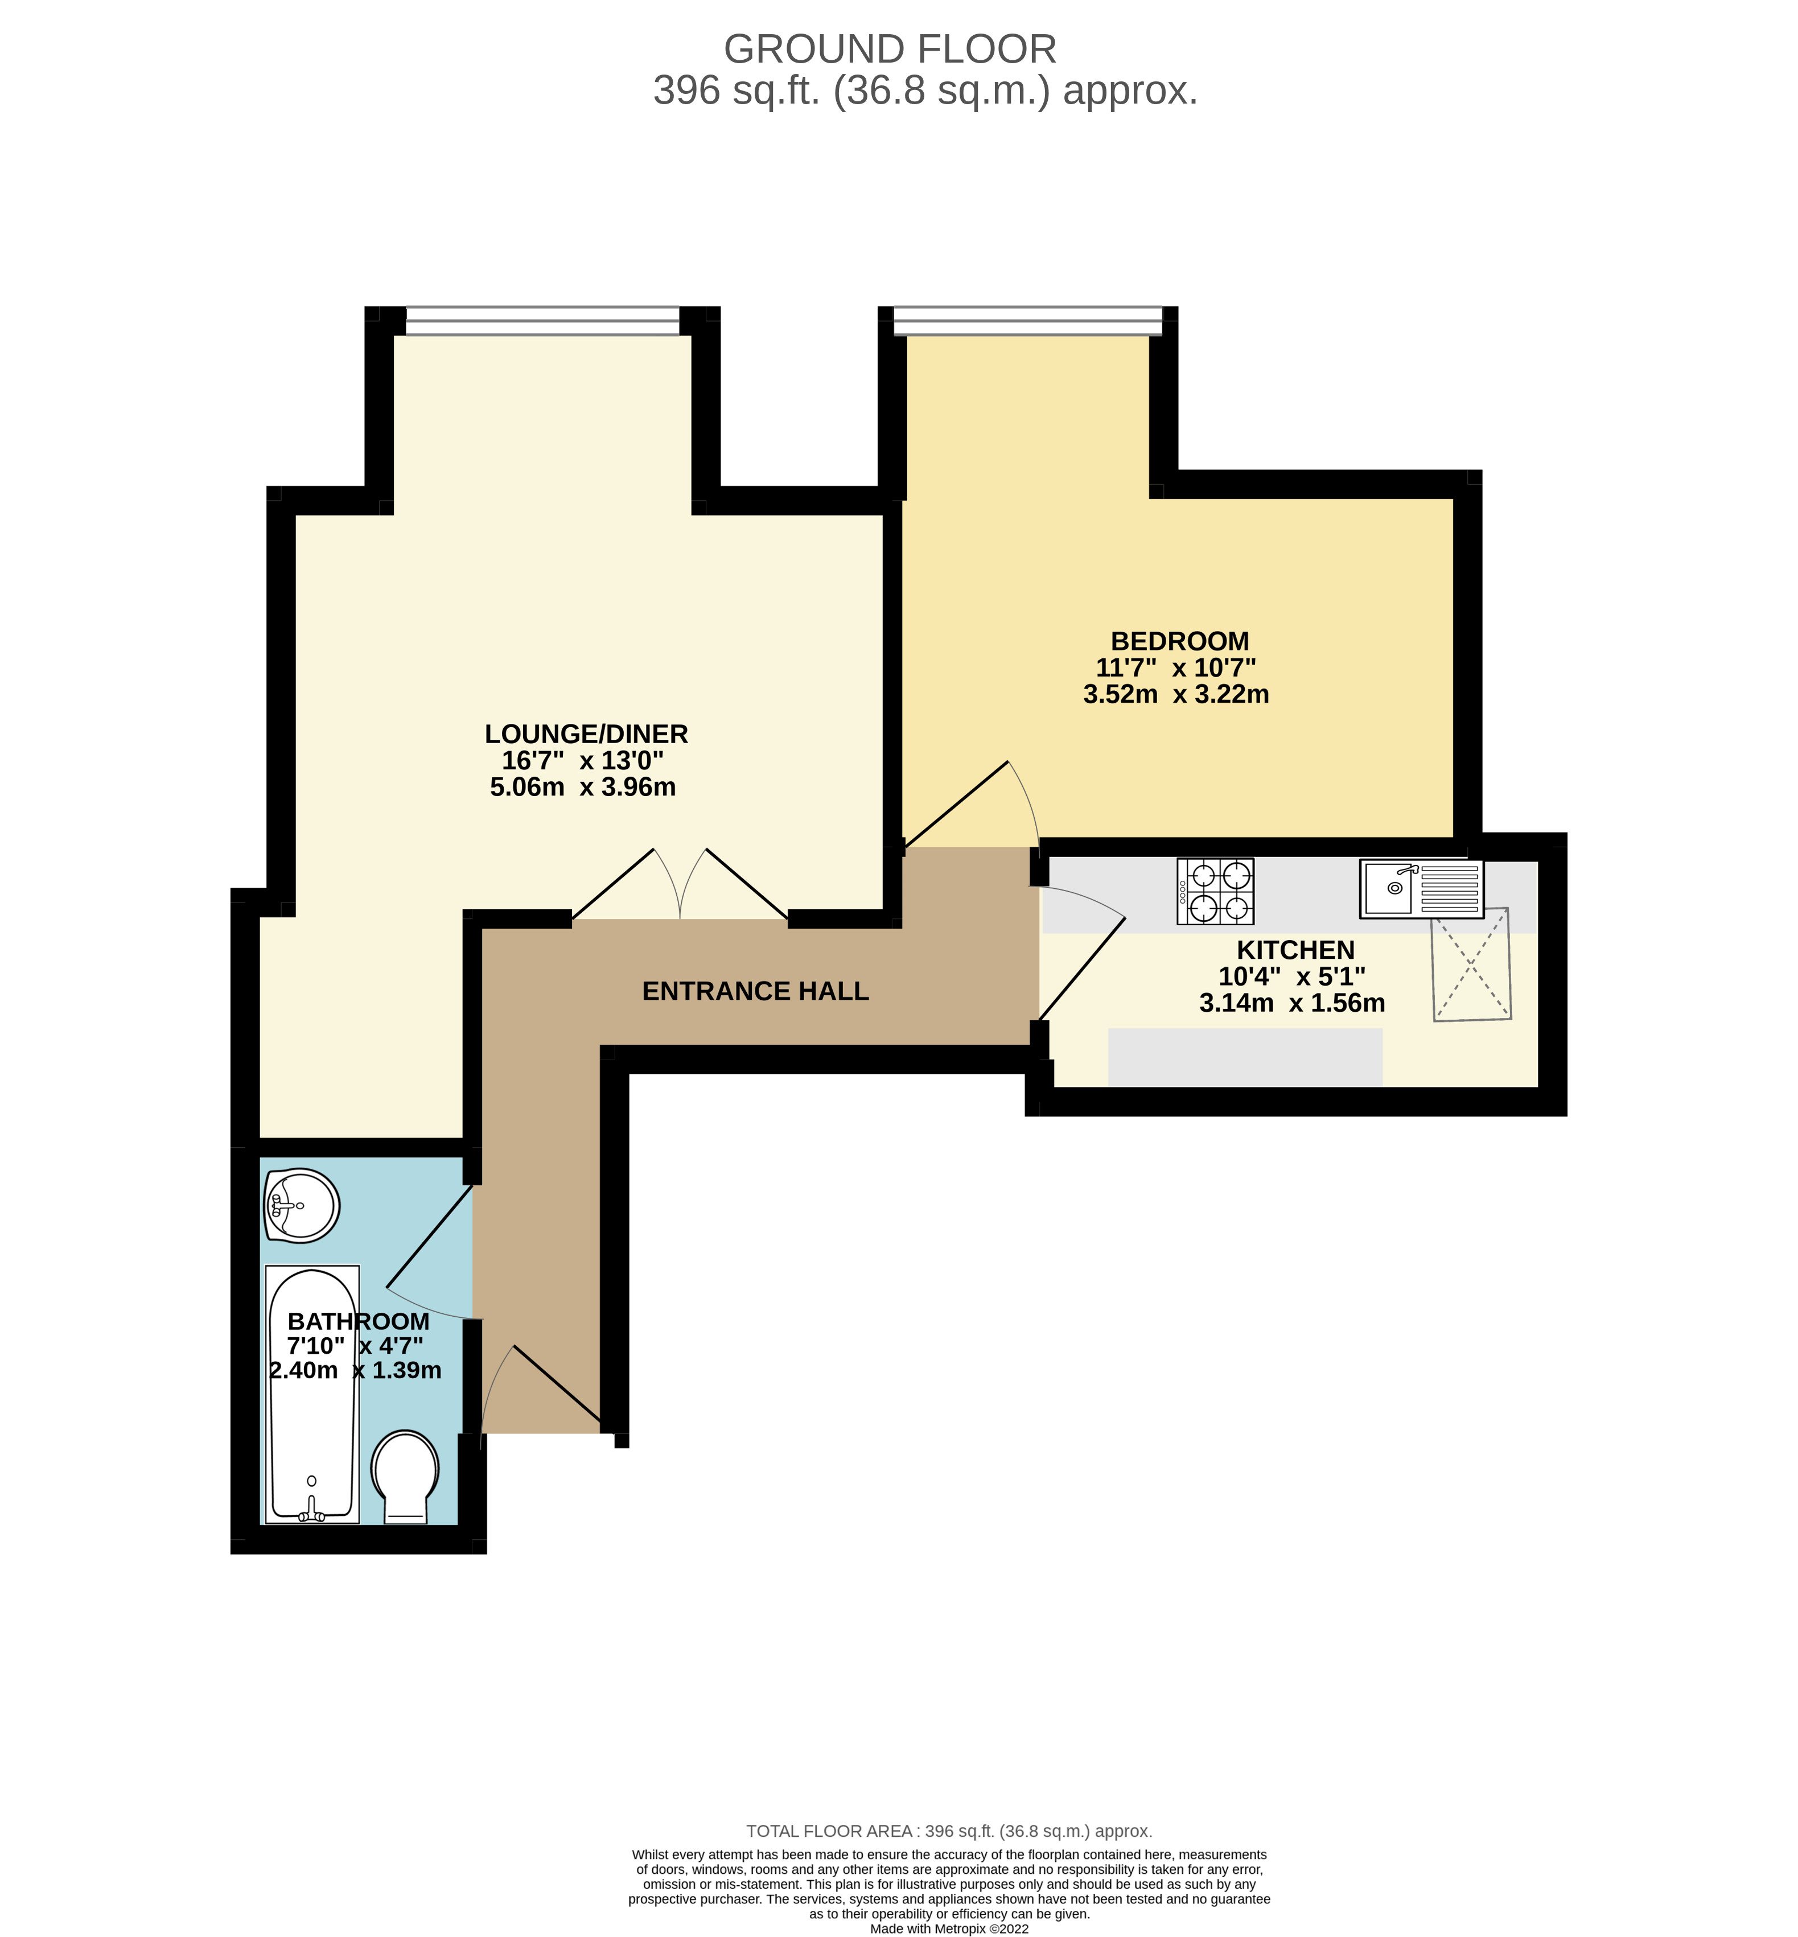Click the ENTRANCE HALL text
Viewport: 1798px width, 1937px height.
[x=755, y=991]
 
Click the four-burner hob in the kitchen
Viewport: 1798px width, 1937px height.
[x=1215, y=891]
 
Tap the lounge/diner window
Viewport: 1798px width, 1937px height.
[x=542, y=320]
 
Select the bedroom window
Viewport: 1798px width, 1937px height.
[x=1027, y=320]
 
